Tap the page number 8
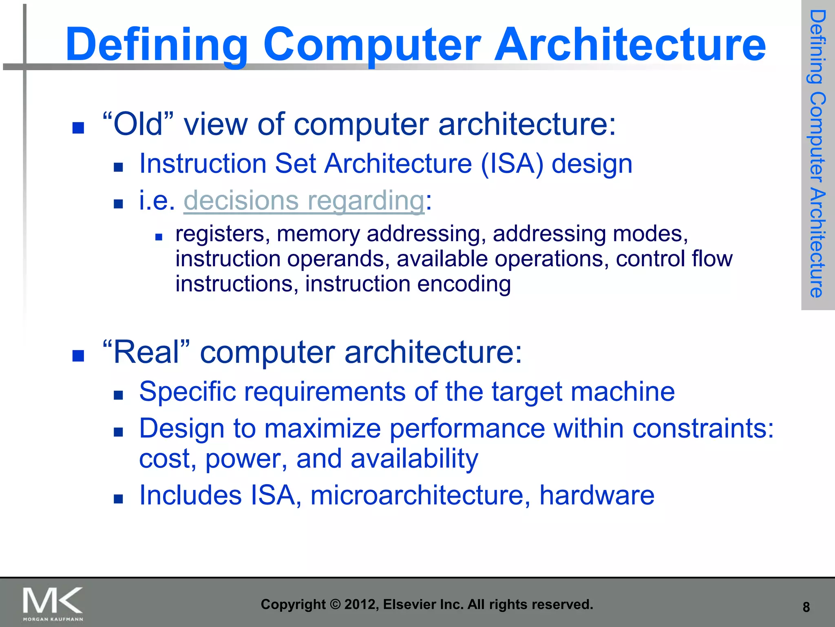point(806,607)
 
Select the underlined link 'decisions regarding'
point(304,200)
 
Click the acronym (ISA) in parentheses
point(512,164)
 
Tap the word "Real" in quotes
point(146,352)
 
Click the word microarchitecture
point(420,495)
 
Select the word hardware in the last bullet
point(596,495)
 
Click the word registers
point(223,234)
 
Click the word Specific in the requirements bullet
point(188,391)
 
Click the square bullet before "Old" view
point(78,128)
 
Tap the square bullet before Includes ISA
point(118,498)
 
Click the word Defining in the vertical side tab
point(817,47)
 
